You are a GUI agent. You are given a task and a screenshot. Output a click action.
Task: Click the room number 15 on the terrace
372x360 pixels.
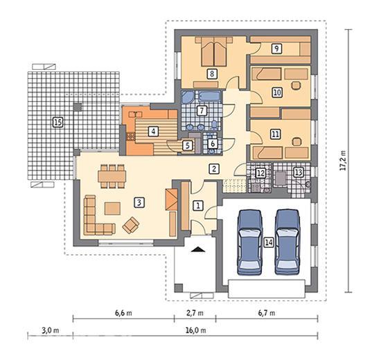point(58,123)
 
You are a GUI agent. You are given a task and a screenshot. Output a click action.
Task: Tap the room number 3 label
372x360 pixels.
point(139,203)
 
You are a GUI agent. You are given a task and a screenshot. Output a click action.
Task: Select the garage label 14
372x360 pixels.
point(269,242)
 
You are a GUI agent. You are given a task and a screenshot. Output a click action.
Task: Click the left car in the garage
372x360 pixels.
point(250,242)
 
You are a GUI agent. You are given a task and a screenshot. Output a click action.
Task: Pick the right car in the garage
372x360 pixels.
point(287,242)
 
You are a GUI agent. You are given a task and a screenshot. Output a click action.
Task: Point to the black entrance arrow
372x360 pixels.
point(199,249)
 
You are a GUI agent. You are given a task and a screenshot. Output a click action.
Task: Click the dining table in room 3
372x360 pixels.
point(112,176)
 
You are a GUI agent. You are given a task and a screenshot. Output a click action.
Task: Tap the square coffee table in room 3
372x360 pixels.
point(112,208)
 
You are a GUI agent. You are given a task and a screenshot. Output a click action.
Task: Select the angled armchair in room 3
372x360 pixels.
point(130,225)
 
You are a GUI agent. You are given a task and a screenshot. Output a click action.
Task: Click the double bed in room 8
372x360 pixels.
point(213,51)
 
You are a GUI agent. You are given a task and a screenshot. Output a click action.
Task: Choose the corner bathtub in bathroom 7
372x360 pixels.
point(188,97)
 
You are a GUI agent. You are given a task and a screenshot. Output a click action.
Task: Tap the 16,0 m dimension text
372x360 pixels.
point(196,330)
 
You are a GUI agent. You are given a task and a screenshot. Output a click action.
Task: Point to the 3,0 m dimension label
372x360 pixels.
point(51,330)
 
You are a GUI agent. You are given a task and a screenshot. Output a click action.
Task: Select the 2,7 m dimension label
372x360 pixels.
point(195,313)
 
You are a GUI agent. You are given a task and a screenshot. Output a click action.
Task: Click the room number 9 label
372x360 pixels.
point(276,48)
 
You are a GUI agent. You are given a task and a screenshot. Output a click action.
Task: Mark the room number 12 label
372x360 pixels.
point(260,173)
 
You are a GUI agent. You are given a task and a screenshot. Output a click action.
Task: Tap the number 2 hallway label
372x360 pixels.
point(214,169)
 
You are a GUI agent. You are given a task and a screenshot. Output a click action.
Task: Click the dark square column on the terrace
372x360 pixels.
point(78,107)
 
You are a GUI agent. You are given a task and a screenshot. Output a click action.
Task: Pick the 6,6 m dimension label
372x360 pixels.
point(123,313)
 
